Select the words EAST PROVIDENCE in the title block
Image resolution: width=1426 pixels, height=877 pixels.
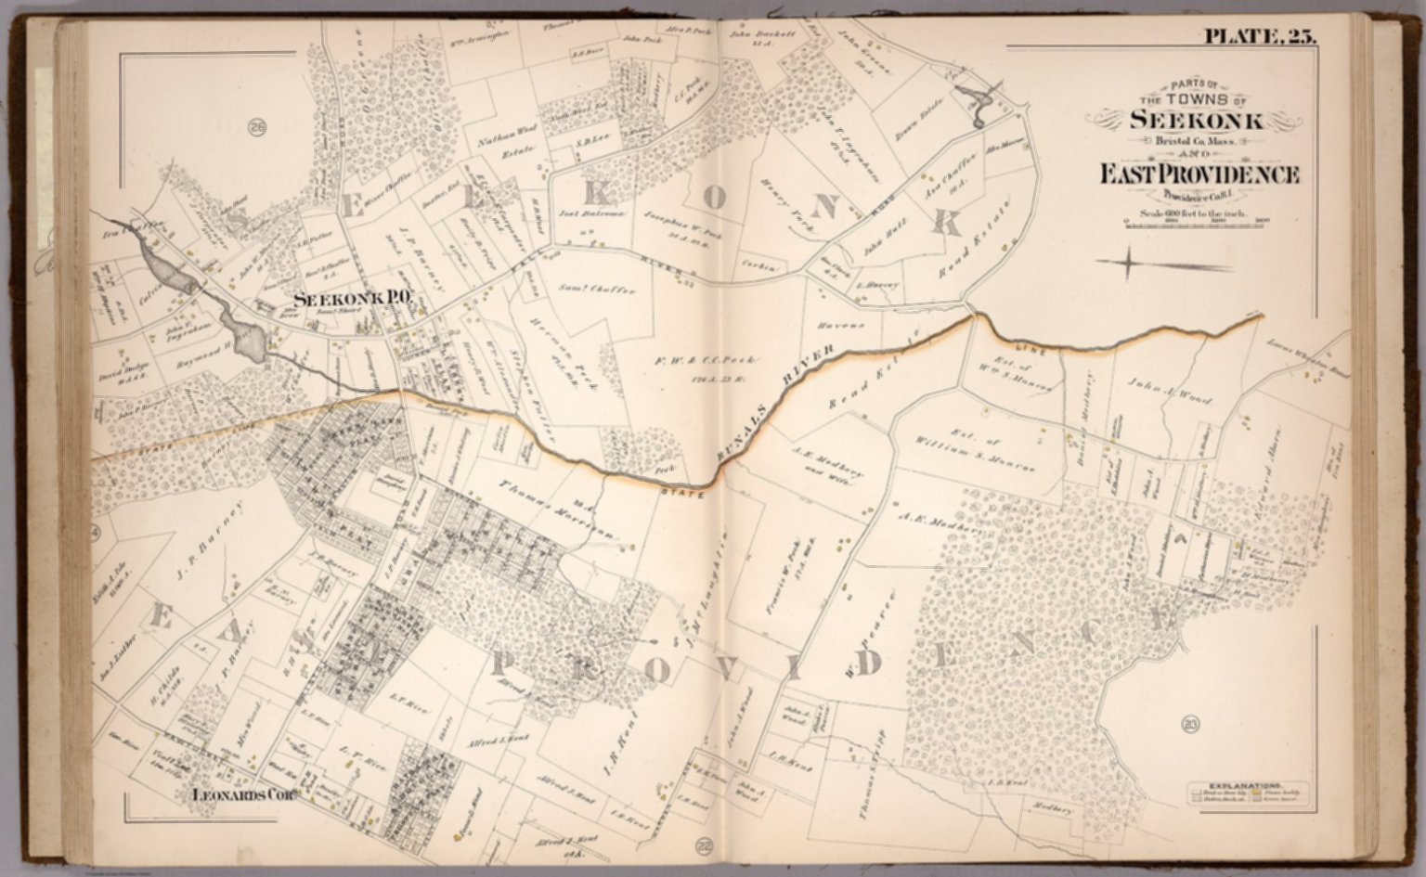point(1199,174)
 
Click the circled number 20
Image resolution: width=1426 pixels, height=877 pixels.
point(1190,724)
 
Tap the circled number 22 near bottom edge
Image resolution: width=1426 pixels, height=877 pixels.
point(702,845)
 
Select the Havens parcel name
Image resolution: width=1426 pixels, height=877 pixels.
point(842,326)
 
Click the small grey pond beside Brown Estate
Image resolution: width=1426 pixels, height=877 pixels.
point(977,105)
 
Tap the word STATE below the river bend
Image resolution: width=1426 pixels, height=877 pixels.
point(681,493)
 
